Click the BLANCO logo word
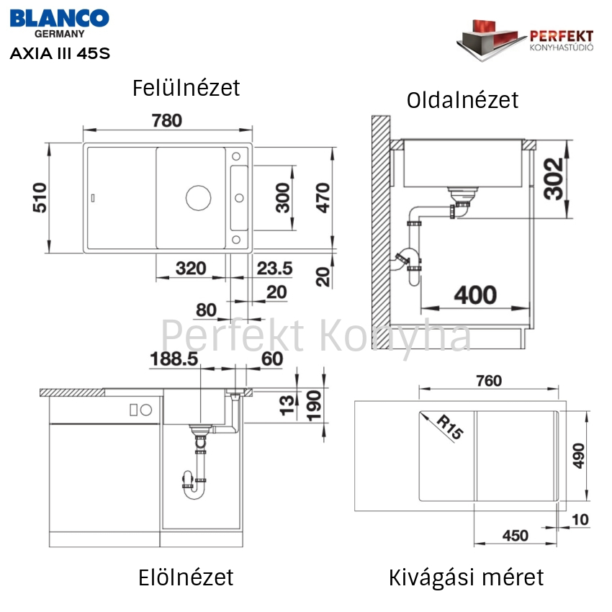point(59,18)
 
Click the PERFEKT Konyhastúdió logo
point(525,40)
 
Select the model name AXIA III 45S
point(60,53)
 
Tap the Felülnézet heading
point(186,88)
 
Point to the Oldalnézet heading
point(462,100)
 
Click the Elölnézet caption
point(186,577)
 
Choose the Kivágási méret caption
point(466,578)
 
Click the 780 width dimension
point(167,121)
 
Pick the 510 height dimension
point(40,197)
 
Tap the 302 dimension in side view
point(554,179)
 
